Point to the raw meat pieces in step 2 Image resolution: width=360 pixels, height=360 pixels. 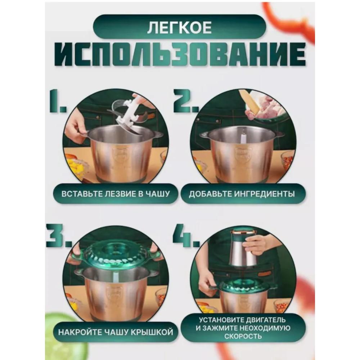pos(268,108)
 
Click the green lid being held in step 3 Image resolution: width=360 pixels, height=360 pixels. pos(115,254)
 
